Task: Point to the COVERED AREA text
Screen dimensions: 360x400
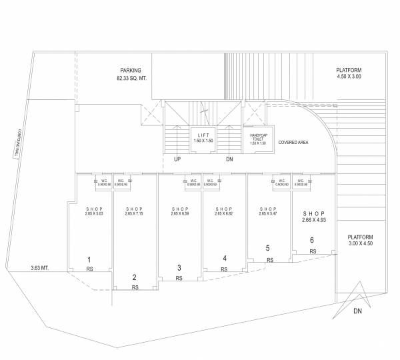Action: click(x=292, y=142)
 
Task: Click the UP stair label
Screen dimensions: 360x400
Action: click(x=177, y=160)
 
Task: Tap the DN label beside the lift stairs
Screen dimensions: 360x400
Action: click(x=230, y=160)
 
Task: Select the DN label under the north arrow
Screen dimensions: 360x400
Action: click(x=357, y=311)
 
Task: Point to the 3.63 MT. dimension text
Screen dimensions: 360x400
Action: click(x=41, y=268)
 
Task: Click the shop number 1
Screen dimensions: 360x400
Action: click(x=89, y=259)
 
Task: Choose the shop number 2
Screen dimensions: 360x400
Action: click(x=135, y=277)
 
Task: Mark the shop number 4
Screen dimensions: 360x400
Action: click(x=225, y=259)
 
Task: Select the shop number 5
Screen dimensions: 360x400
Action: click(x=267, y=249)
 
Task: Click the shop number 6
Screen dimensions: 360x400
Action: click(x=311, y=240)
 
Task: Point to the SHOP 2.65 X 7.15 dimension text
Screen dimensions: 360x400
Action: click(x=135, y=211)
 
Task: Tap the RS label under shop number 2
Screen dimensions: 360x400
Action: click(x=135, y=287)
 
